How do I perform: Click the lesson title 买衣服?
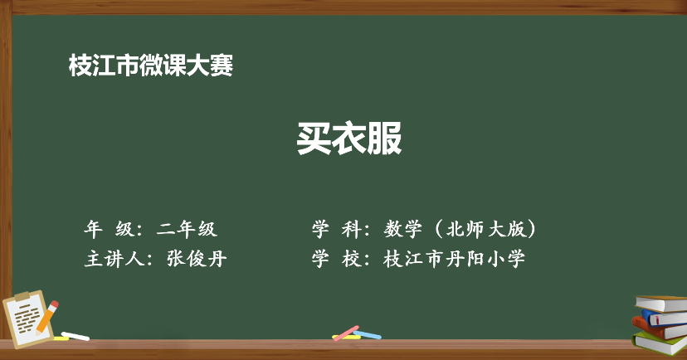point(349,138)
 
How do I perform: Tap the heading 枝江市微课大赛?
point(151,66)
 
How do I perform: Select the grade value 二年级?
point(187,229)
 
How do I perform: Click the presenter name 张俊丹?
point(197,259)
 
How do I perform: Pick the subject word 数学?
point(403,229)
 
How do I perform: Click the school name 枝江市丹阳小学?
point(454,259)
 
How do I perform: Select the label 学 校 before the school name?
point(337,259)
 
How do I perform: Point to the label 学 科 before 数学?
point(337,229)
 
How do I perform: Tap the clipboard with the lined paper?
point(27,319)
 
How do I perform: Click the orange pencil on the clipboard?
point(47,317)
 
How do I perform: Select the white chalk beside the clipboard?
point(76,336)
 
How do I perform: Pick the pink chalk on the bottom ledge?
point(346,333)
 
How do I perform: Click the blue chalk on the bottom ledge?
point(368,335)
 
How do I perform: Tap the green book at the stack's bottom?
point(660,343)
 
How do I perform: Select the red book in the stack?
point(659,328)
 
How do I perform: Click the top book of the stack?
point(661,304)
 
